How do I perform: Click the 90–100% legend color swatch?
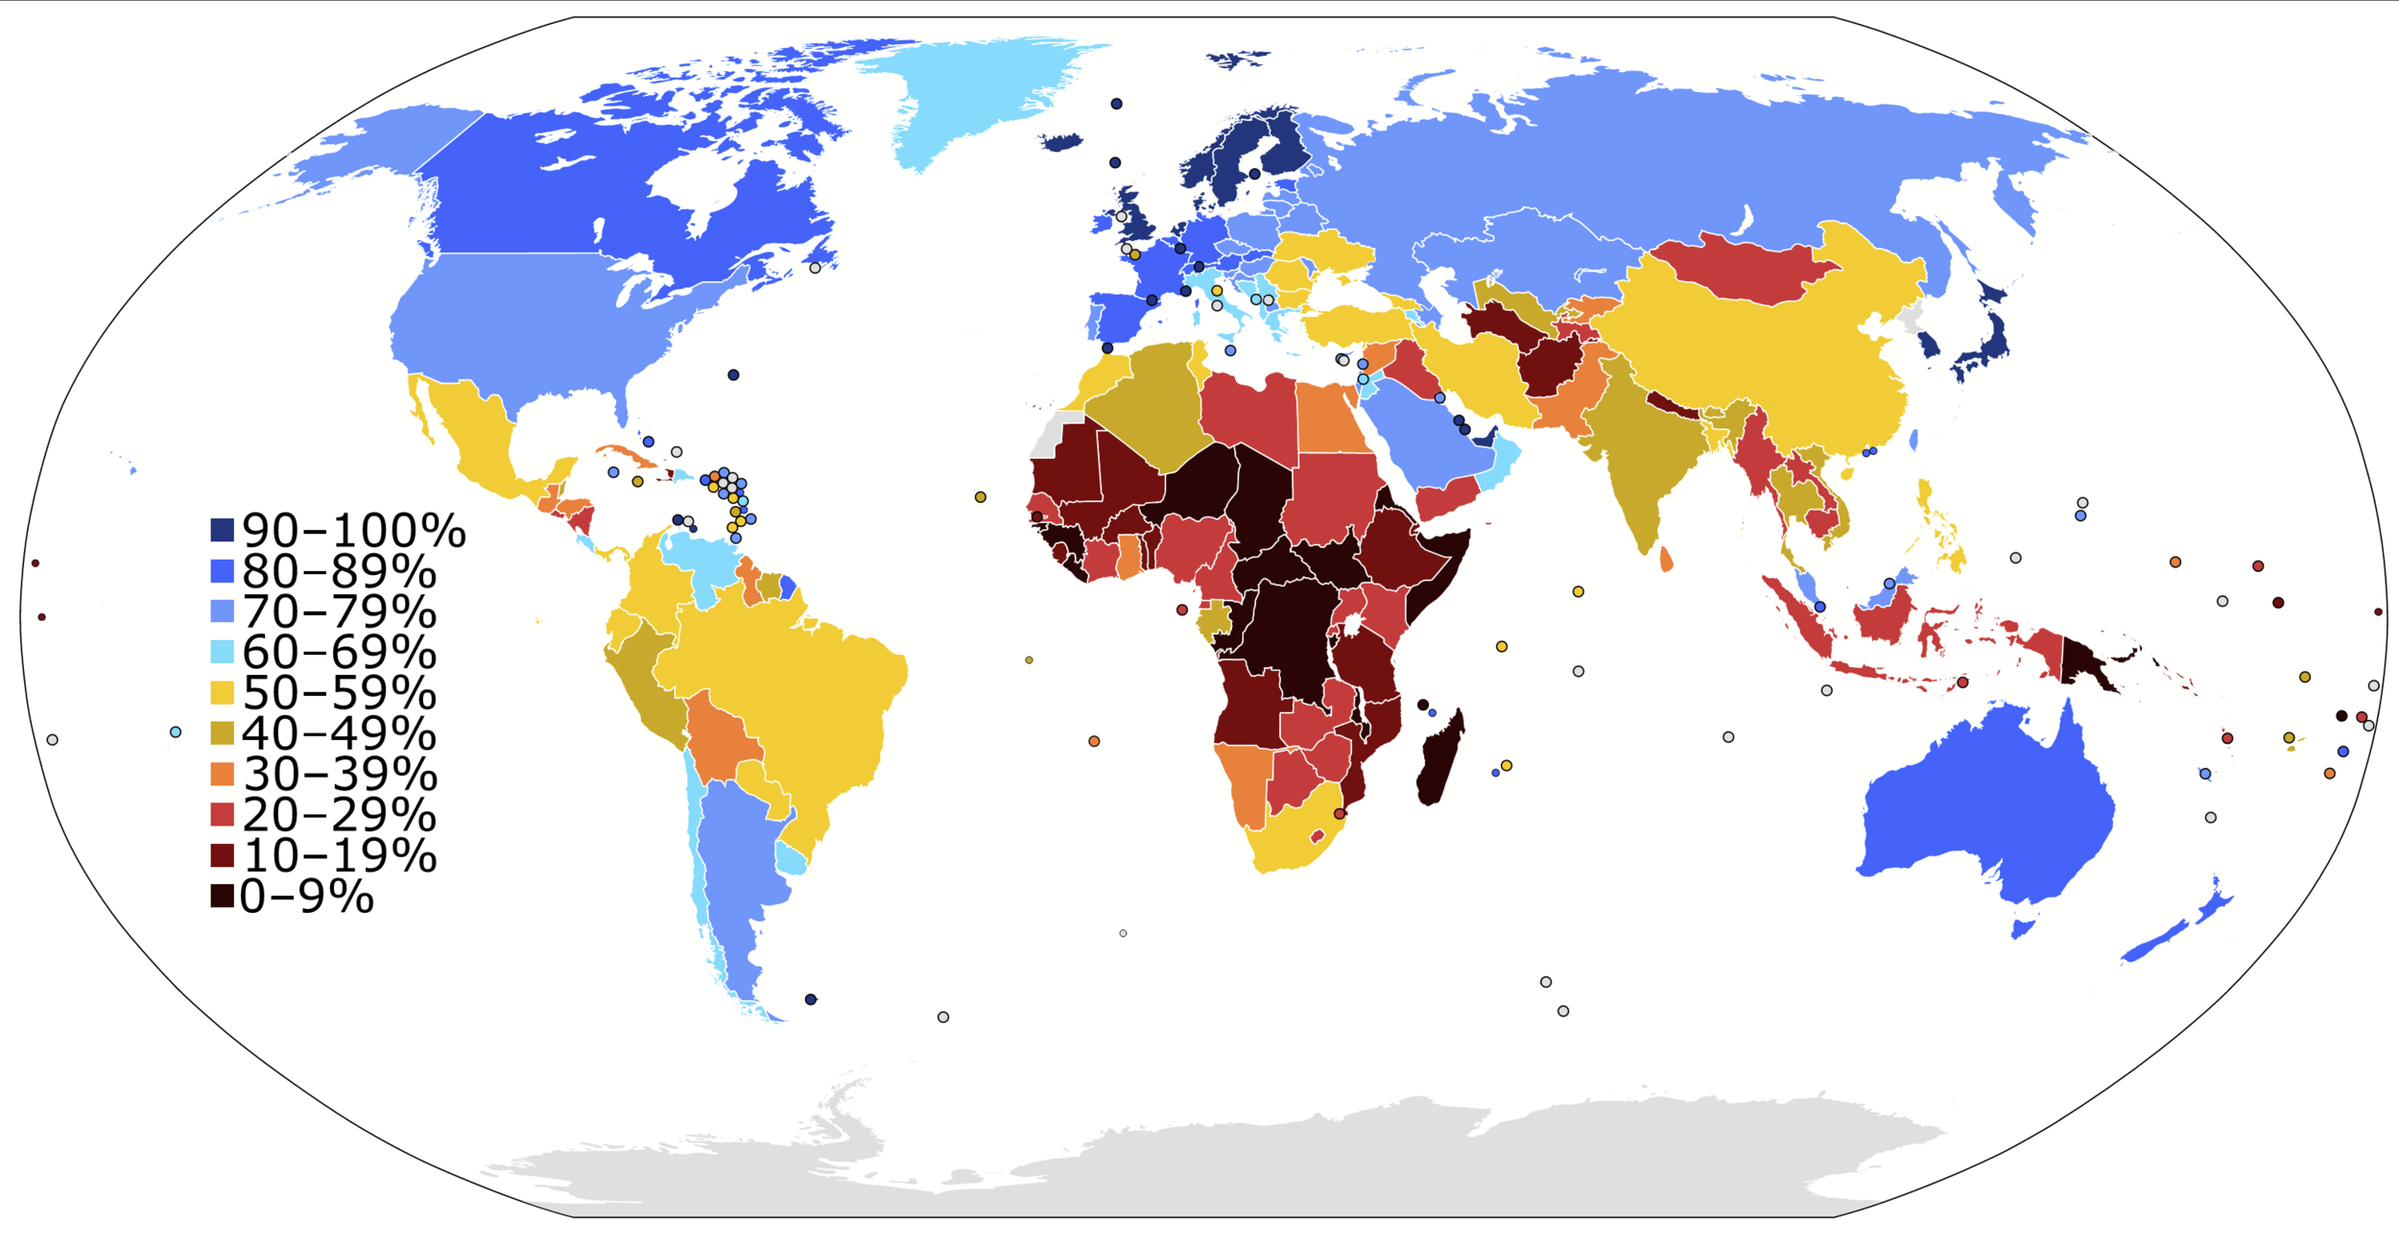pyautogui.click(x=222, y=530)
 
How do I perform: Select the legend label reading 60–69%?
pyautogui.click(x=339, y=652)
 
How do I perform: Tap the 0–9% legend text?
pyautogui.click(x=306, y=897)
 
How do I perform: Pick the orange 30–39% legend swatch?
pyautogui.click(x=222, y=774)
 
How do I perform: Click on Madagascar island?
pyautogui.click(x=1439, y=758)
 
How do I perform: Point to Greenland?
pyautogui.click(x=969, y=96)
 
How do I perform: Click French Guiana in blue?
pyautogui.click(x=788, y=587)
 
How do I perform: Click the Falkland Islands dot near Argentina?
pyautogui.click(x=811, y=999)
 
